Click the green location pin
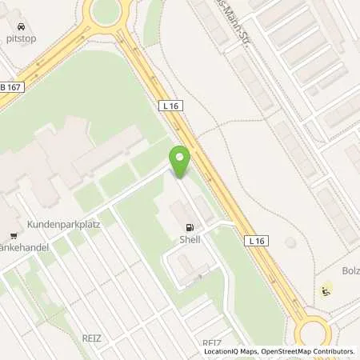180,162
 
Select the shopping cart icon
14,235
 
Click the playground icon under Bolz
326,290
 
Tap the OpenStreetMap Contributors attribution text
308,351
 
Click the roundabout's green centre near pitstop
105,10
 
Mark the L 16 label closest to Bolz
256,240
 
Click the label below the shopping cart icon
24,247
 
